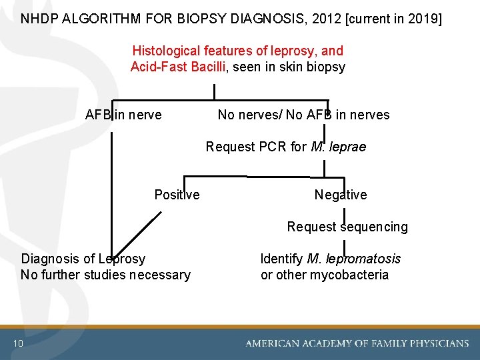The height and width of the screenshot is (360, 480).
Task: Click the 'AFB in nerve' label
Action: [123, 115]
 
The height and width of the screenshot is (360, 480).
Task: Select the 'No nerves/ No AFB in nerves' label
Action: [303, 115]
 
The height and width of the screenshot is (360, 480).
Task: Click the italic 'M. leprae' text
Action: [338, 147]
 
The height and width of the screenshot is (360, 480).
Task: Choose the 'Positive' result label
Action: [177, 195]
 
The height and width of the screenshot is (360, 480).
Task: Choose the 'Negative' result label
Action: [340, 195]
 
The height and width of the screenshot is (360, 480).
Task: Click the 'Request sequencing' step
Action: [347, 227]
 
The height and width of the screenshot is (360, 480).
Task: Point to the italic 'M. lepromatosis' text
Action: [353, 259]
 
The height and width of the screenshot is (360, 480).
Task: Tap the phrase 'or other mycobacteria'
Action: [324, 275]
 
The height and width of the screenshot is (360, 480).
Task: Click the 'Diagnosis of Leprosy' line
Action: [83, 259]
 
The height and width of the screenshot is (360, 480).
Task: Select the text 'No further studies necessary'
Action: [105, 275]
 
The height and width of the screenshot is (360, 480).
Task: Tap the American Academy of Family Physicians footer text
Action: [357, 343]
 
